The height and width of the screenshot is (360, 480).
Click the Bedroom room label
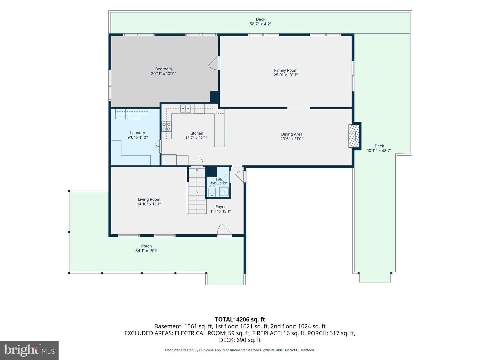[x=163, y=69]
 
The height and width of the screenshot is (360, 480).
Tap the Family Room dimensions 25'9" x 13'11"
[x=286, y=75]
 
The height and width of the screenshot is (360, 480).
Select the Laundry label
[x=137, y=133]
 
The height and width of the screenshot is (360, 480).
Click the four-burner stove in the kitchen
[x=166, y=127]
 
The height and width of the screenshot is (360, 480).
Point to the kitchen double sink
[x=185, y=108]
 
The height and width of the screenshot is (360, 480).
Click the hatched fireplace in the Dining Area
[x=354, y=136]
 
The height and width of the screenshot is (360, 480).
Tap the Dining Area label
[x=292, y=134]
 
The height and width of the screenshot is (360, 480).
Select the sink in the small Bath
[x=224, y=192]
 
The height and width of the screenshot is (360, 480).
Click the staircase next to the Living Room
[x=197, y=190]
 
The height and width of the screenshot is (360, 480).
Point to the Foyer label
[x=220, y=207]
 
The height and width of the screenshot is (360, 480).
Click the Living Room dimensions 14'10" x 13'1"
[x=149, y=204]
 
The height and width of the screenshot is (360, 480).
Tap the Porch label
[x=146, y=246]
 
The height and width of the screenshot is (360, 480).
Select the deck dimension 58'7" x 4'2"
[x=261, y=24]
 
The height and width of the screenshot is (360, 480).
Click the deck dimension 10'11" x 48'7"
[x=379, y=151]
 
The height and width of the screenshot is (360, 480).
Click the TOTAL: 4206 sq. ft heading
[x=240, y=320]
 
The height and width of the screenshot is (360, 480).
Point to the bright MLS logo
[x=29, y=350]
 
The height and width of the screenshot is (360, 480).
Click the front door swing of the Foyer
[x=224, y=230]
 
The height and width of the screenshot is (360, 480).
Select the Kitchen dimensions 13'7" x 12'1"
[x=196, y=138]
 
